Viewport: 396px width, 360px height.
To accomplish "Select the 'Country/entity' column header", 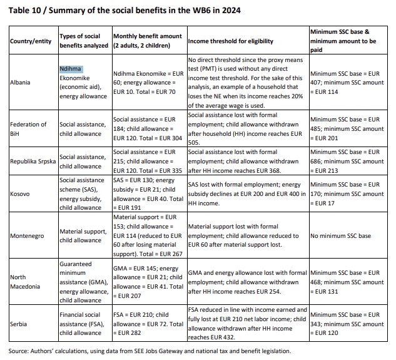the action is click(31, 41).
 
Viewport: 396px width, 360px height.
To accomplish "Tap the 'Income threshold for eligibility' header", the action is click(231, 41).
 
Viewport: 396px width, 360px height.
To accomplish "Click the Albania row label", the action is click(20, 83).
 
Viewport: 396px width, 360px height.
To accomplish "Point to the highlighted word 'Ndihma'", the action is click(71, 69).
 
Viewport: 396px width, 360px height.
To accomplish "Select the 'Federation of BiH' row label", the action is click(28, 129).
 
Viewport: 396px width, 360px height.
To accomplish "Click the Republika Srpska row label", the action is click(33, 162).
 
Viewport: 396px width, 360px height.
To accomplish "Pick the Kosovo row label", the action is click(19, 194).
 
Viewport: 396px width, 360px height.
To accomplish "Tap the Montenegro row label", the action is click(27, 235).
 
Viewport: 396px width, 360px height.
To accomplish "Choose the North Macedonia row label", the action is click(25, 282).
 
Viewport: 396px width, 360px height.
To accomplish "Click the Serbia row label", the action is click(18, 324).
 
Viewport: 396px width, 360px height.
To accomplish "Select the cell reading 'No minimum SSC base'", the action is click(340, 235).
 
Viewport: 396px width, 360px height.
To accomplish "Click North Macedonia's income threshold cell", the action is click(247, 282).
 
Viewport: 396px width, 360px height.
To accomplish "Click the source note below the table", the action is click(150, 351).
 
